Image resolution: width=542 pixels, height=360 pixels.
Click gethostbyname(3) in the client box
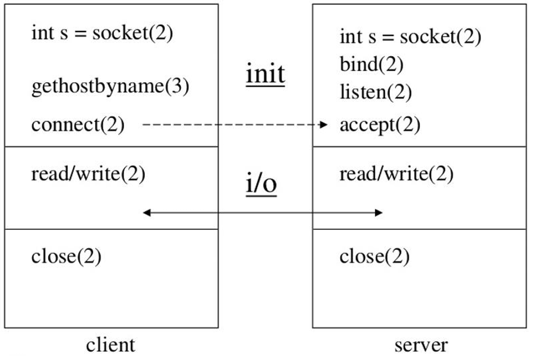tap(110, 87)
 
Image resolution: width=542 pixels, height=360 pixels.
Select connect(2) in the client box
tap(78, 125)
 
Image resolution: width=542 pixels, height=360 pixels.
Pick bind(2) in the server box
tap(371, 64)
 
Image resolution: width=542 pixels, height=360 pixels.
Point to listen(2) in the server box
tap(376, 92)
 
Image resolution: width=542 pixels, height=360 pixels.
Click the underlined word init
tap(265, 74)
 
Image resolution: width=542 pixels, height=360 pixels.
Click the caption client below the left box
tap(110, 345)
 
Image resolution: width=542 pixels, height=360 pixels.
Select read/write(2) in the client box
tap(88, 174)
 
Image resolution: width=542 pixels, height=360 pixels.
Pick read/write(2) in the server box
tap(396, 174)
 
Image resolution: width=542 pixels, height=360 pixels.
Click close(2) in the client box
tap(66, 257)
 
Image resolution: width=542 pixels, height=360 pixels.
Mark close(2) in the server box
tap(374, 257)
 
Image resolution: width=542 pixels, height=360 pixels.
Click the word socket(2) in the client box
tap(133, 33)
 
